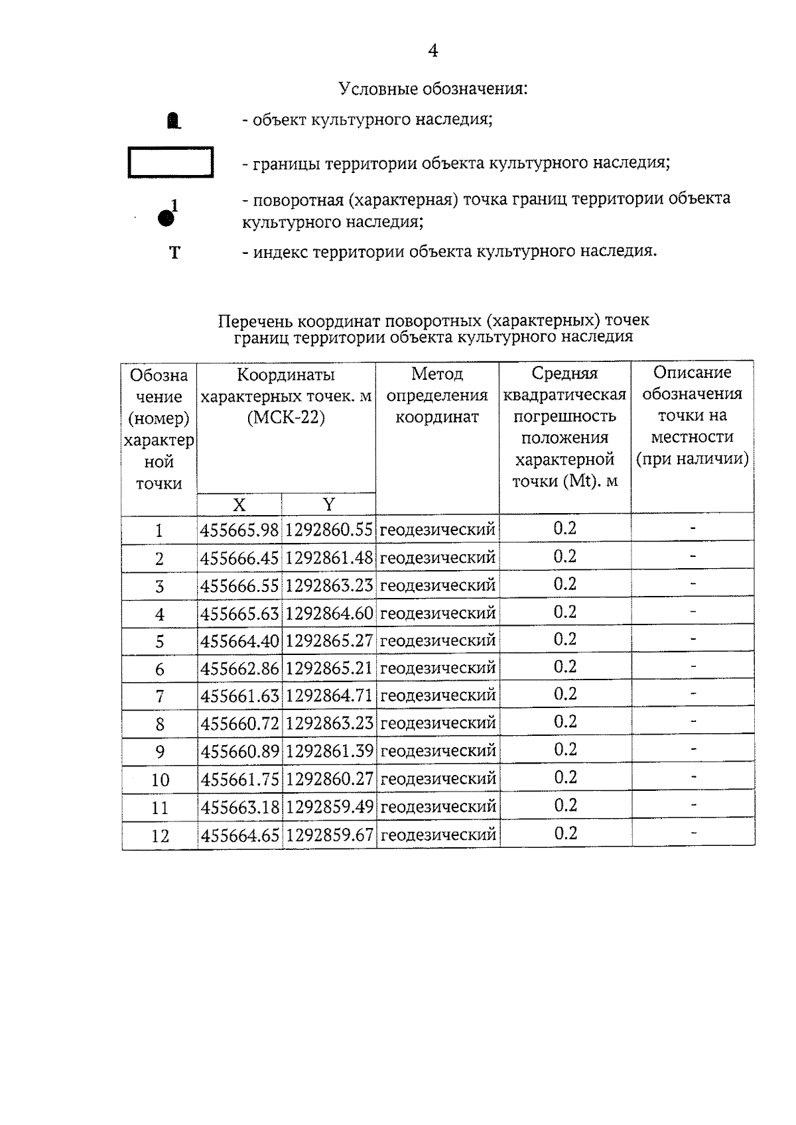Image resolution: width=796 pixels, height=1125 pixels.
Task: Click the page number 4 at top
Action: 432,51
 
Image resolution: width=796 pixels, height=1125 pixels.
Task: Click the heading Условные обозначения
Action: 433,88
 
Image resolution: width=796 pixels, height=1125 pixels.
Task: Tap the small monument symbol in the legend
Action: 174,121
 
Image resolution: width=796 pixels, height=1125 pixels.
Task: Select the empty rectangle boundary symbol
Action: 170,162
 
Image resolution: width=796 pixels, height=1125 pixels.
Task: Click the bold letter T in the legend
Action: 174,253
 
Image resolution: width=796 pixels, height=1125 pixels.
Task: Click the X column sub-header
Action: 239,504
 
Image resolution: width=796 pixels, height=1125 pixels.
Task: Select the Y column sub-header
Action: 328,504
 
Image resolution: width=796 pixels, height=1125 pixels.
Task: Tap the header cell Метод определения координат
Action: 437,395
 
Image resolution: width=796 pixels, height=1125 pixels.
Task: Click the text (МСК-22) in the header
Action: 286,419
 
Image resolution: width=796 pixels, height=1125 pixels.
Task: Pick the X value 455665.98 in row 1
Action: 240,530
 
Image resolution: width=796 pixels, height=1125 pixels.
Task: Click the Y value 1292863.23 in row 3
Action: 330,586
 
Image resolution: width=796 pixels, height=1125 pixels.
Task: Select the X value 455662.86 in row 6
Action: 240,669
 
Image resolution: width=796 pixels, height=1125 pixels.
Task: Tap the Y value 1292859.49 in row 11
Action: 330,807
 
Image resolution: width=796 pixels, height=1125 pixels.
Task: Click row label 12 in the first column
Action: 160,836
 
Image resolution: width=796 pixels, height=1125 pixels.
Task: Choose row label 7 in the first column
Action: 159,697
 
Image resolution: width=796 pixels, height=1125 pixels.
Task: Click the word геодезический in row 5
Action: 438,641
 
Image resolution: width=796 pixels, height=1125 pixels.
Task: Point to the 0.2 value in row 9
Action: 565,750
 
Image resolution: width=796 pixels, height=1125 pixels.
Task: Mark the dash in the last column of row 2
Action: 693,556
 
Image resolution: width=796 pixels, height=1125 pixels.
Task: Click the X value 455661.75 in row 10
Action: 240,780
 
